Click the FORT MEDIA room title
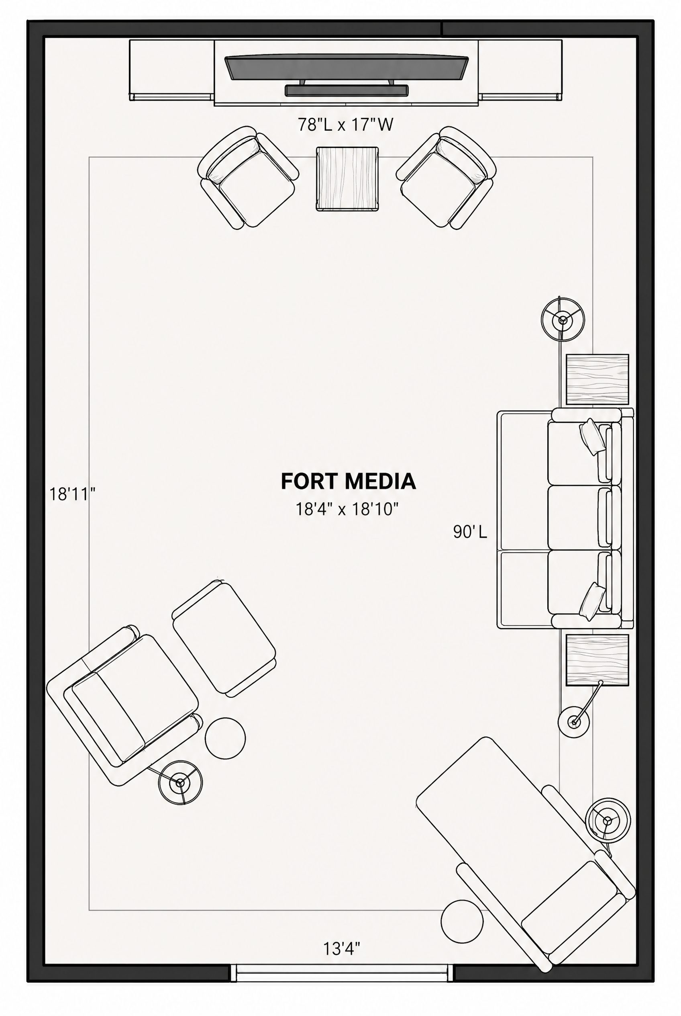[348, 481]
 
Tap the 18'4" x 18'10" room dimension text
[347, 509]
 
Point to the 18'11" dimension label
[72, 494]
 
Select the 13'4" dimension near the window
[342, 948]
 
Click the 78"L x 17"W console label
[346, 125]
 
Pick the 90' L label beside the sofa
[470, 532]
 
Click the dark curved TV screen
[347, 68]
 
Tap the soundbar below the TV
[347, 90]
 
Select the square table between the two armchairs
[347, 179]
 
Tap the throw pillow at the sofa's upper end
[592, 437]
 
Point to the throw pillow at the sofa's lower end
[592, 601]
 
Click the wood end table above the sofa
[597, 379]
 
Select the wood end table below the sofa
[597, 660]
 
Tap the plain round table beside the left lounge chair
[225, 738]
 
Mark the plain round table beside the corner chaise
[462, 922]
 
